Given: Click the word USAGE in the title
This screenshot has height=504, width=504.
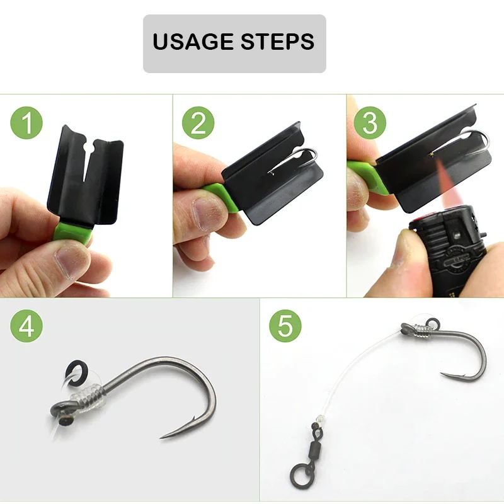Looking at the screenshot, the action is pos(193,42).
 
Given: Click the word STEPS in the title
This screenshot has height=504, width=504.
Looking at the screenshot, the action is pos(277,42).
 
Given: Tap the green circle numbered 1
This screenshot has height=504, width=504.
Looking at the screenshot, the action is pos(26,123).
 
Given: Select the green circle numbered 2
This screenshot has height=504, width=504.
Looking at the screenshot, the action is pos(198,123).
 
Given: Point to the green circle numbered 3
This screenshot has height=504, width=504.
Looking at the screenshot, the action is pos(370,123).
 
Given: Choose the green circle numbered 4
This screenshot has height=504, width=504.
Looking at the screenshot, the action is pos(26,326).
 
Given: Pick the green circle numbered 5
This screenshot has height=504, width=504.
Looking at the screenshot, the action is pos(285,326).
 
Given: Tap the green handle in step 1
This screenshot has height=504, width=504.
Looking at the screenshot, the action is pos(72,231).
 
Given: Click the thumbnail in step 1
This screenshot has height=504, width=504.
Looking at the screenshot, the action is pos(72,260).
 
